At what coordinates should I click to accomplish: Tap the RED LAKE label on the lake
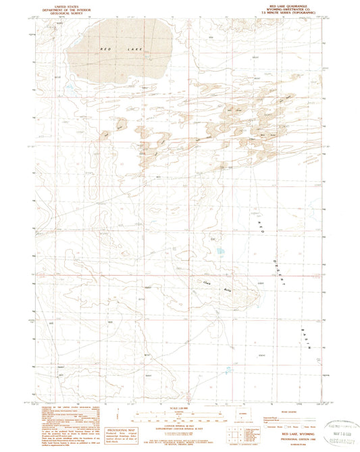[x=108, y=51]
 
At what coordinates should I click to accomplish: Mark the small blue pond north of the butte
[x=220, y=252]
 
